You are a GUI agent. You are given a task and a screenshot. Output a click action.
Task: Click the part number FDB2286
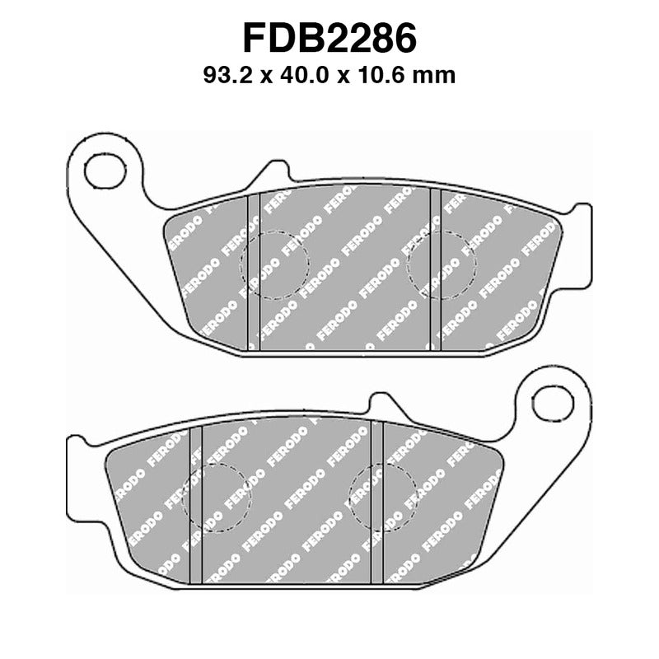(x=329, y=39)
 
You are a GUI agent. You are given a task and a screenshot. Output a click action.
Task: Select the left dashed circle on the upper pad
(x=273, y=263)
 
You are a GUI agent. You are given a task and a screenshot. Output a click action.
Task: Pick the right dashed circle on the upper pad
(x=443, y=263)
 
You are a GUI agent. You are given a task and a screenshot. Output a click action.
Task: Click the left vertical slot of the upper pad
(x=254, y=272)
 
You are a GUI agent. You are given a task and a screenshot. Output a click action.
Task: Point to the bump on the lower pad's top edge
(x=381, y=404)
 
